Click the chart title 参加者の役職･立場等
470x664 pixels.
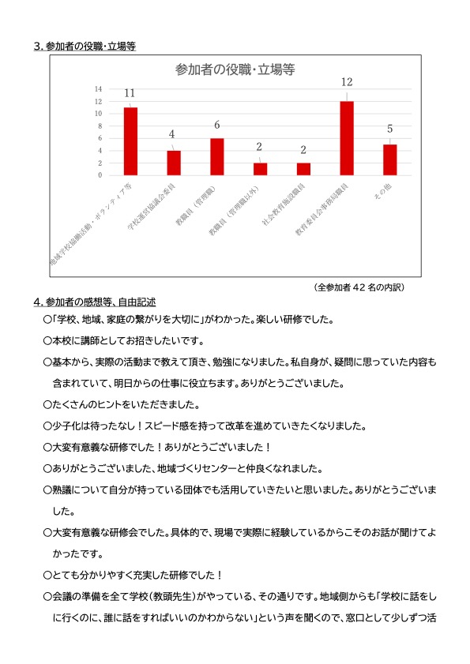235,69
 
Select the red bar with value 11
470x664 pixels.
130,141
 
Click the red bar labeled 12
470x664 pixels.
347,138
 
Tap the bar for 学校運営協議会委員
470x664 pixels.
174,163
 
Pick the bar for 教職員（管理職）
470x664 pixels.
216,156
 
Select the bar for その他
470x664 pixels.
389,159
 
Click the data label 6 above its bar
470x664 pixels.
216,125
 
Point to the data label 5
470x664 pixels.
389,129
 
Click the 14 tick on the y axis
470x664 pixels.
98,88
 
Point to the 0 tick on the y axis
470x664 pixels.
100,175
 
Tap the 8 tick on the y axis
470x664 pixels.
100,126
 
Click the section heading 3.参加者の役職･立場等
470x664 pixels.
85,46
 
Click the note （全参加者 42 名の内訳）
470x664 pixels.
359,287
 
